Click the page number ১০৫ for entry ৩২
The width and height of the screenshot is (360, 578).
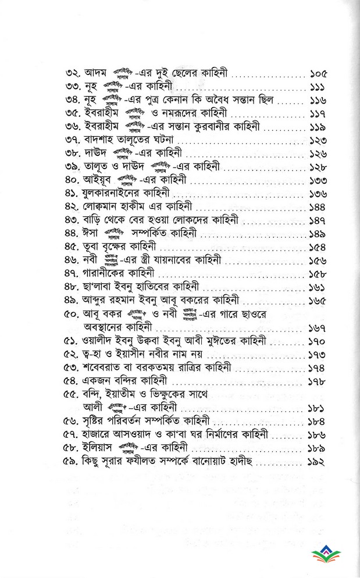[x=319, y=74]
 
